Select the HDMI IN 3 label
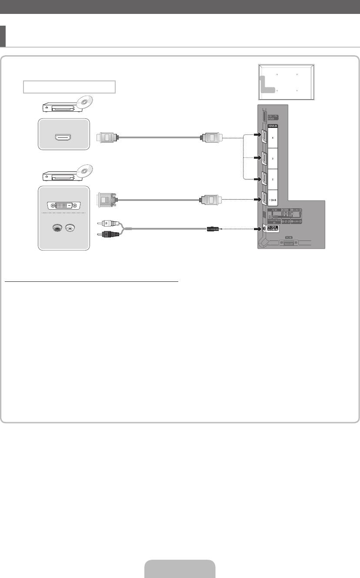273,159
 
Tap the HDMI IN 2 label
273,179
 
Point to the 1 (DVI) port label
273,200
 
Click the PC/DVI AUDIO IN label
272,229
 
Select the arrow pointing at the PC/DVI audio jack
256,228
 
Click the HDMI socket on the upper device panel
63,137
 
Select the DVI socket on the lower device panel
63,205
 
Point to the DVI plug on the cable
105,200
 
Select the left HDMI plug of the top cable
106,137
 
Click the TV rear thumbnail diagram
286,82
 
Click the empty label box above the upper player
69,87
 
